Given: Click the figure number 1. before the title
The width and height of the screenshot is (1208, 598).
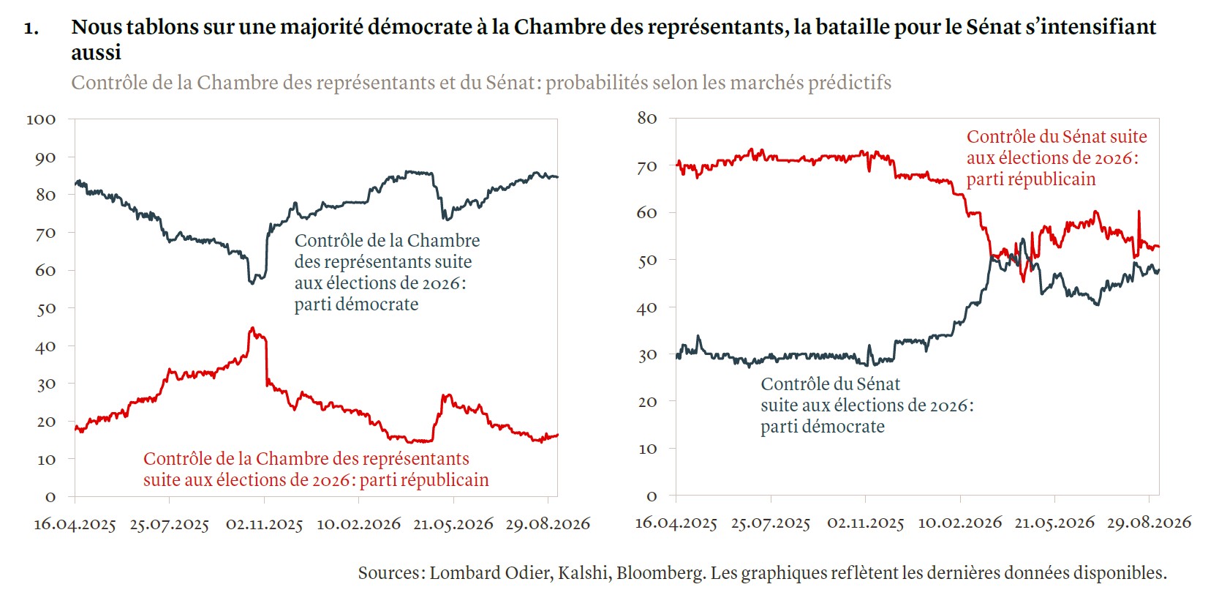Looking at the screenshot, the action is (31, 29).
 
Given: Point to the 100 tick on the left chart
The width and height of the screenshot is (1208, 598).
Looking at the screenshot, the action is (41, 119).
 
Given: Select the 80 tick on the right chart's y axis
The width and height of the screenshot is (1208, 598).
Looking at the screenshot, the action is (646, 118).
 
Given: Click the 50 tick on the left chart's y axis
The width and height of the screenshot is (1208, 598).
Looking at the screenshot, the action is (46, 308).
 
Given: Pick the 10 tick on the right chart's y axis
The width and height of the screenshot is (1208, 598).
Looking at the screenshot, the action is (648, 449).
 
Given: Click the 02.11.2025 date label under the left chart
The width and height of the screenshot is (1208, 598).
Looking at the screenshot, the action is (264, 524).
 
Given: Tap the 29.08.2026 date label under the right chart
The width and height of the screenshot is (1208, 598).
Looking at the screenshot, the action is (1150, 523).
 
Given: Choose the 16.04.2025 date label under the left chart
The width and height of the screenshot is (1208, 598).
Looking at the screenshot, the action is (75, 524).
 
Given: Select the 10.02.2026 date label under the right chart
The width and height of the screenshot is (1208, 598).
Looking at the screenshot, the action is (960, 523).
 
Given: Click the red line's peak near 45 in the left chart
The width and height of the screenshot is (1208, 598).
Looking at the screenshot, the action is (252, 328).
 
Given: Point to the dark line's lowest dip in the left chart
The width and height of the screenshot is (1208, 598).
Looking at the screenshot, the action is (252, 283).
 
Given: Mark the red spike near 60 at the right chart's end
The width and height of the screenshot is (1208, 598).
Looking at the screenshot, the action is (1139, 212).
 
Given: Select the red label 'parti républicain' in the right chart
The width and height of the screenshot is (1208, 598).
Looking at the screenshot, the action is (1031, 180).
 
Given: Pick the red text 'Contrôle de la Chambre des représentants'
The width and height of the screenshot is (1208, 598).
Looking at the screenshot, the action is (306, 459).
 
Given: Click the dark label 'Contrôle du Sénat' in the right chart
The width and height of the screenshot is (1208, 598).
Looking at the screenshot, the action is (831, 384).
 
